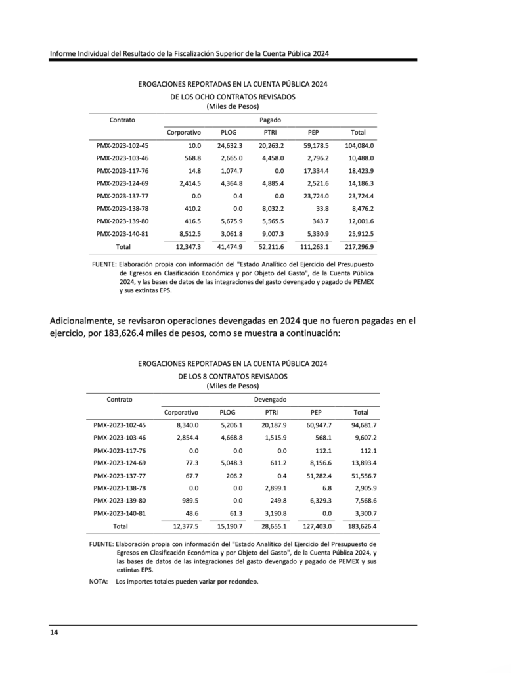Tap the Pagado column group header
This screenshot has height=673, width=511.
(x=270, y=120)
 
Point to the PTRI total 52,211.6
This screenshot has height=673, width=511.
(x=269, y=246)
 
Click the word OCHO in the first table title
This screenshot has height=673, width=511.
(x=206, y=97)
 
